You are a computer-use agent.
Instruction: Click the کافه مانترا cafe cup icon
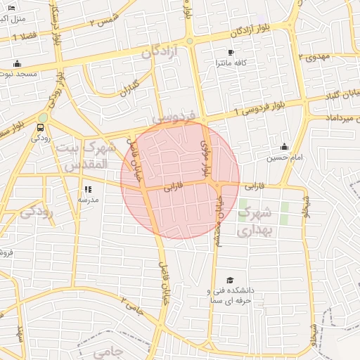231,52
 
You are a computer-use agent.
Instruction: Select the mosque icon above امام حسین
283,146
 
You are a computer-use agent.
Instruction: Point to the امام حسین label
284,158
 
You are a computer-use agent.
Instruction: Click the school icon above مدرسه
88,188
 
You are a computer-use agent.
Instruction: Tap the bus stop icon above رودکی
39,127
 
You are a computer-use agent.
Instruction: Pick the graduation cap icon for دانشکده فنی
229,281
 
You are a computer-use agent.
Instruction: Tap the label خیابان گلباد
337,96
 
